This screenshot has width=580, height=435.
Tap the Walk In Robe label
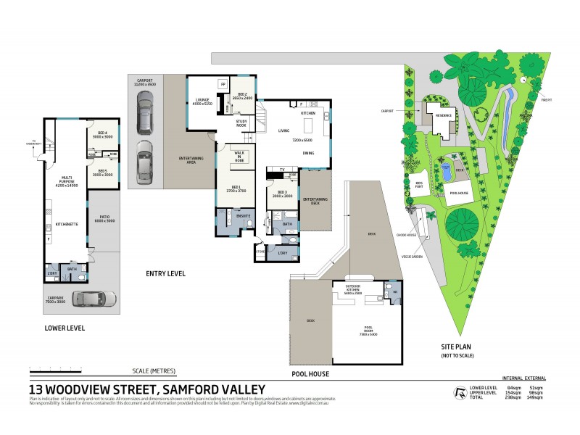[239, 159]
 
